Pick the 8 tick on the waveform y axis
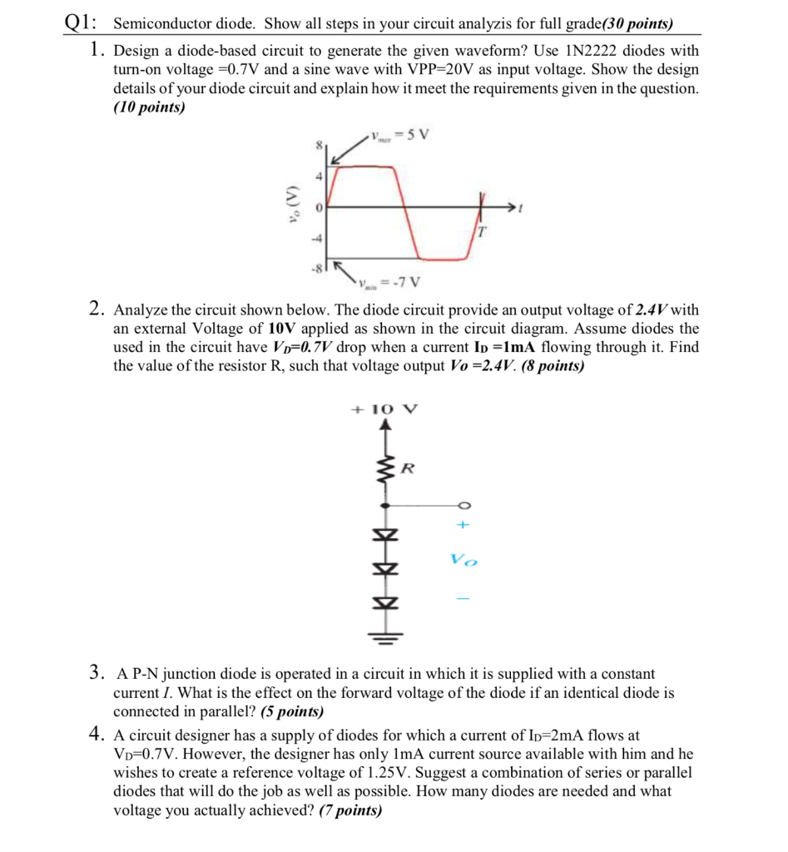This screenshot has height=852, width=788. (317, 146)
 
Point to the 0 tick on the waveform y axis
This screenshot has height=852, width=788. (317, 205)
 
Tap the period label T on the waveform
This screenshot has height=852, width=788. (481, 233)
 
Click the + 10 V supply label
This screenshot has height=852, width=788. (384, 409)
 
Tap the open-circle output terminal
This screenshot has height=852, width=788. (463, 505)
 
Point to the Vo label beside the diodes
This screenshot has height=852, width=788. (464, 560)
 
